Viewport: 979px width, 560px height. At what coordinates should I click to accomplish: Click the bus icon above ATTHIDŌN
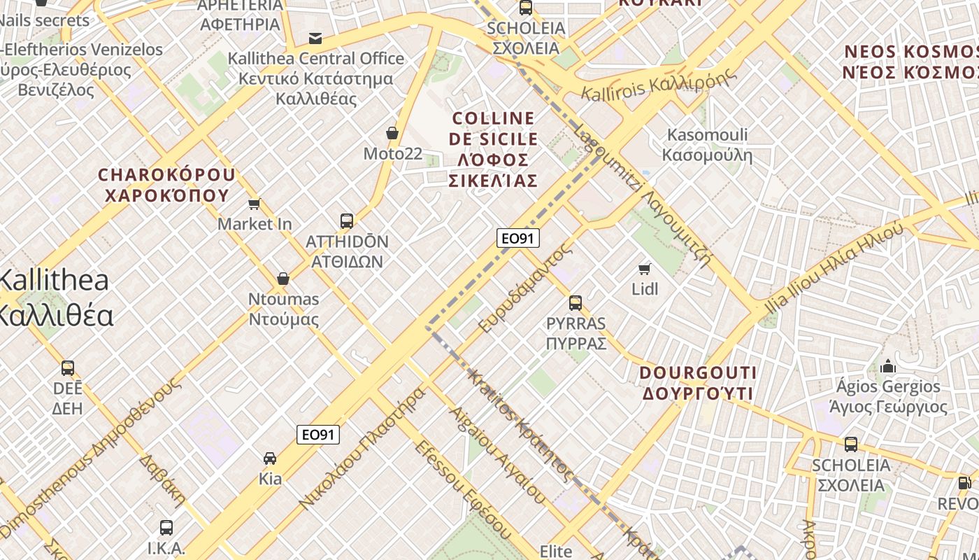[x=347, y=221]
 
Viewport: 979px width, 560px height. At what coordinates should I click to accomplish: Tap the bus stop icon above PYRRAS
[x=576, y=303]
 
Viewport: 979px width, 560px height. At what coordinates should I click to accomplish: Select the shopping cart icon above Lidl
[x=645, y=269]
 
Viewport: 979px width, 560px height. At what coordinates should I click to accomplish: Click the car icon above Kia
[x=270, y=458]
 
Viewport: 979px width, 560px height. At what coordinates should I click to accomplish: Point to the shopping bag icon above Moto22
[x=392, y=133]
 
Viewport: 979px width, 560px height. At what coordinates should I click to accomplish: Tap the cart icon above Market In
[x=255, y=204]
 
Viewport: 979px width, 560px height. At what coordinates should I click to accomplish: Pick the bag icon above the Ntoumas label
[x=283, y=279]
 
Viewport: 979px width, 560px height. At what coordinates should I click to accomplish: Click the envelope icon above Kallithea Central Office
[x=315, y=38]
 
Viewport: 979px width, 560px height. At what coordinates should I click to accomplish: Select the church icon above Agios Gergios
[x=888, y=366]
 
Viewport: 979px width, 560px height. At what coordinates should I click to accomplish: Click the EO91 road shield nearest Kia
[x=318, y=435]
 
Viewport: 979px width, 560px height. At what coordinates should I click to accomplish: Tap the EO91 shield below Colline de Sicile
[x=518, y=238]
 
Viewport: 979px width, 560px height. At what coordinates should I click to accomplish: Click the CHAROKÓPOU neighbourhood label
[x=167, y=185]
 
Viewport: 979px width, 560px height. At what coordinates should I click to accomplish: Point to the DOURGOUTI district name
[x=698, y=382]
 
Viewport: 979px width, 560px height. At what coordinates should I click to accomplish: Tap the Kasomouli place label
[x=707, y=144]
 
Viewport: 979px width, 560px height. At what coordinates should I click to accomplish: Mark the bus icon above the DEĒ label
[x=68, y=368]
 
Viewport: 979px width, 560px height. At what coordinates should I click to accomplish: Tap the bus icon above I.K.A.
[x=166, y=528]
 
